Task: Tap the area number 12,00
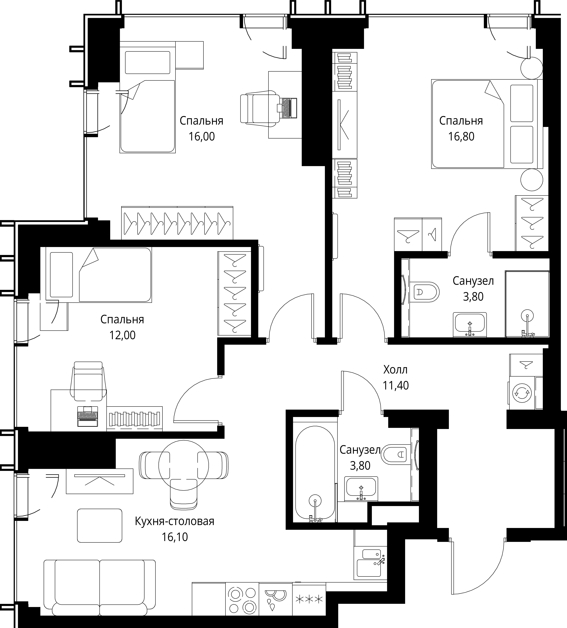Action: click(122, 335)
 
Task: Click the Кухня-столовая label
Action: click(175, 521)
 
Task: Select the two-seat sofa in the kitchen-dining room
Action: click(100, 588)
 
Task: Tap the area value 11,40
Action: click(395, 386)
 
